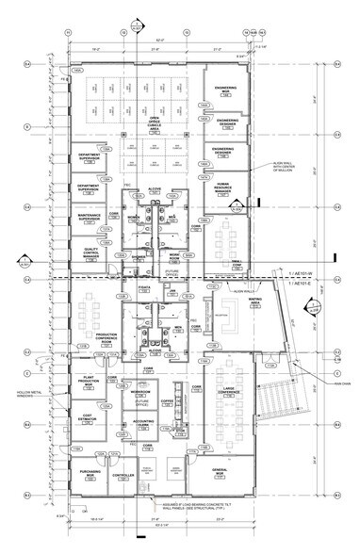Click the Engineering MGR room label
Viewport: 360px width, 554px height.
click(x=225, y=91)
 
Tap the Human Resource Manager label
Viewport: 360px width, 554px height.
click(x=225, y=186)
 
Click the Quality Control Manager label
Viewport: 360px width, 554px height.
click(x=90, y=249)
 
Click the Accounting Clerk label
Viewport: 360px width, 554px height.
click(x=141, y=424)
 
